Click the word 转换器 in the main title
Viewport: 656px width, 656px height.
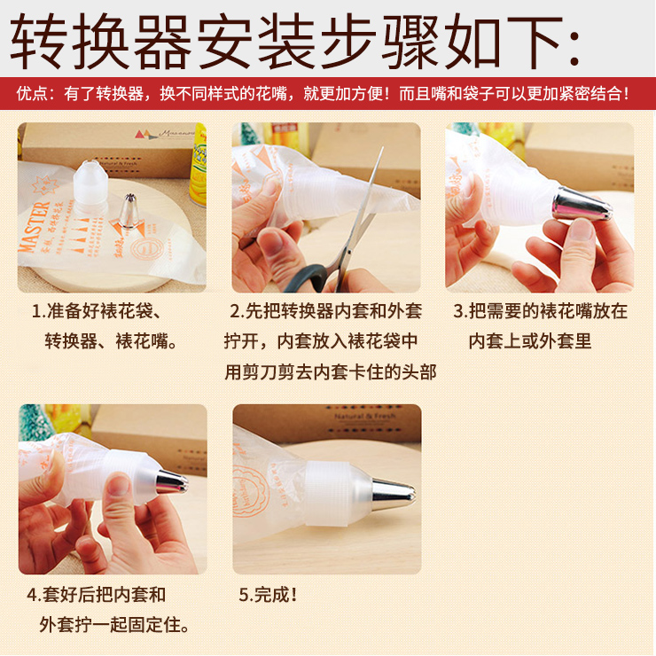pos(101,41)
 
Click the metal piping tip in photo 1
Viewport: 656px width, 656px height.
pos(129,211)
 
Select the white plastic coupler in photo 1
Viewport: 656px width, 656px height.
pos(90,184)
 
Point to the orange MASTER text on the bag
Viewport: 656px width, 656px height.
pos(35,227)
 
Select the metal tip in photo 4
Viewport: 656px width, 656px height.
pos(171,481)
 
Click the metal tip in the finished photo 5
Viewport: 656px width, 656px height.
pos(394,494)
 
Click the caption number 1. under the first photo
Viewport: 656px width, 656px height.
pos(38,311)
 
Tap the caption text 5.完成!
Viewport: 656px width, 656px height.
pos(268,595)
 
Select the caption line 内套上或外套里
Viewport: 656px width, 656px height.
pos(530,341)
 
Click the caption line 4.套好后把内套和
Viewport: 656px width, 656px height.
pos(97,595)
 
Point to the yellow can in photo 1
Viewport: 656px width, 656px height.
pos(199,164)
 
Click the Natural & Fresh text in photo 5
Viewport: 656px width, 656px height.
pos(365,417)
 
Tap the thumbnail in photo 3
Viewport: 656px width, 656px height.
pos(582,230)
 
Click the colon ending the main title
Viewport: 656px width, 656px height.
pos(574,47)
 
